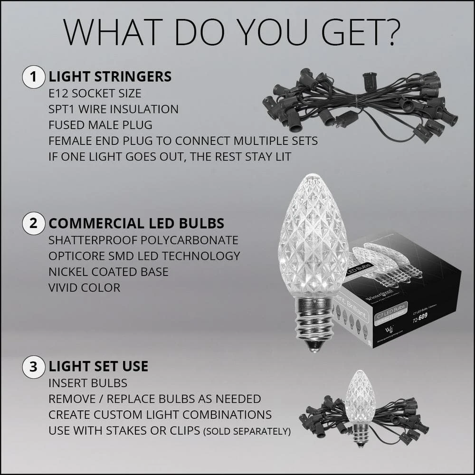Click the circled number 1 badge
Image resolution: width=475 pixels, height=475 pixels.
[33, 77]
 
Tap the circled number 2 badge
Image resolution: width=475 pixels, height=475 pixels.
[33, 224]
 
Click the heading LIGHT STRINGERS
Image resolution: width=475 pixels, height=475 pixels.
[110, 77]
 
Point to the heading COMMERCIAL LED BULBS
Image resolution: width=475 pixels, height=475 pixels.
[136, 224]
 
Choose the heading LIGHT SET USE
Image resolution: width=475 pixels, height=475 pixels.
[98, 367]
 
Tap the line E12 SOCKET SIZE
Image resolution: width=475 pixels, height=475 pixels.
[95, 93]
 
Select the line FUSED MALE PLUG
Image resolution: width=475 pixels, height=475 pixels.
[100, 125]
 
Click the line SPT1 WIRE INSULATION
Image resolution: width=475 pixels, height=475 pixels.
[114, 109]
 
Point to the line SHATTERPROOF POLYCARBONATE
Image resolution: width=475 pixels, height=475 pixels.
[143, 240]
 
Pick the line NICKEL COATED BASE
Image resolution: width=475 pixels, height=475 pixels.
[108, 272]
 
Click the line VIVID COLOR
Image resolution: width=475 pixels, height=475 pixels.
[84, 287]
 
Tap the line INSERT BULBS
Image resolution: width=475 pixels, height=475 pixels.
[88, 383]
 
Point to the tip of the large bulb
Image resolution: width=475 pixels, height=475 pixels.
[312, 177]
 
